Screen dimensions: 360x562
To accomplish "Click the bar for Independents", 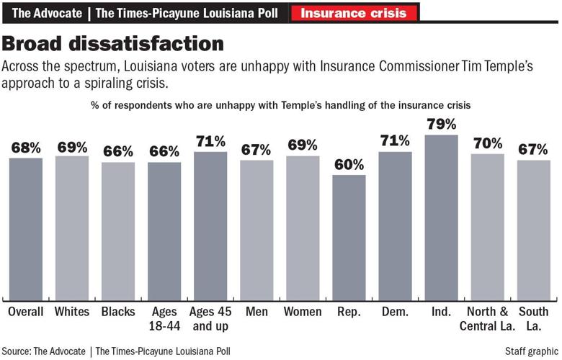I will pyautogui.click(x=442, y=216).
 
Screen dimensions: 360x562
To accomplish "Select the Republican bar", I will pyautogui.click(x=349, y=238).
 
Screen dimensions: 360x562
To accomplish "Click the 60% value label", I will pyautogui.click(x=349, y=165).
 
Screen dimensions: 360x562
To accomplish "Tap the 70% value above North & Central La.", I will pyautogui.click(x=488, y=143).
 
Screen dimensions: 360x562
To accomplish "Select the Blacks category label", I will pyautogui.click(x=118, y=312).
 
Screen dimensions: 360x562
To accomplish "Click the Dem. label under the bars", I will pyautogui.click(x=396, y=312).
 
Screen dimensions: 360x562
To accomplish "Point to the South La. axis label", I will pyautogui.click(x=534, y=319).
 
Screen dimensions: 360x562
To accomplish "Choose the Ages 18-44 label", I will pyautogui.click(x=164, y=319).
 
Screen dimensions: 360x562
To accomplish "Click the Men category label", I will pyautogui.click(x=257, y=312).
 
